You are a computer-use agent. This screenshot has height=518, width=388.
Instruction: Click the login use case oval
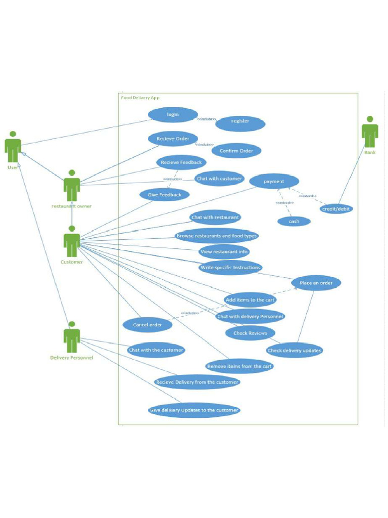coord(173,115)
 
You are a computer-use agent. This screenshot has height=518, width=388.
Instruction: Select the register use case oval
coord(240,121)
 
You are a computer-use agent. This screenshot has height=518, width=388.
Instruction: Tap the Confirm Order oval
coord(236,151)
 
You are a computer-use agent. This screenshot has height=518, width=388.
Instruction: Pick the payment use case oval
coord(274,181)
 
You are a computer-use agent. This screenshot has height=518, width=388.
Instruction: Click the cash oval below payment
coord(294,221)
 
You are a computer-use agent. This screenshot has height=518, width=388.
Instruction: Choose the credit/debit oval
coord(336,208)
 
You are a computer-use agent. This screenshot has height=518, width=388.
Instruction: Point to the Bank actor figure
coord(370,132)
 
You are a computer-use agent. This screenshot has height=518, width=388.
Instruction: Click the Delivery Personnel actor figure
coord(72,337)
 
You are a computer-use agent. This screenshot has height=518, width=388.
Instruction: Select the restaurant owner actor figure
coord(72,186)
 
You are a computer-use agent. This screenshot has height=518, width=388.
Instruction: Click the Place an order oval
coord(316,283)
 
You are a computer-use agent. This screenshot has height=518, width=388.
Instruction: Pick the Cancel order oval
coord(147,325)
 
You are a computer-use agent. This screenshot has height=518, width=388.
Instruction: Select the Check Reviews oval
coord(250,333)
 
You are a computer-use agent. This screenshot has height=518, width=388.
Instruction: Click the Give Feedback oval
coord(165,195)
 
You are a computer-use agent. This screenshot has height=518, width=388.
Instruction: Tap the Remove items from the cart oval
coord(239,366)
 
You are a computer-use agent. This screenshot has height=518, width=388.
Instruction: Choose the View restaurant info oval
coord(224,252)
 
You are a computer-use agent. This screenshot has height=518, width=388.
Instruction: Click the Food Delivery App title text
coord(140,98)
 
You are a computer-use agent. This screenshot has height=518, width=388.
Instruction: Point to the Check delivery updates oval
coord(294,351)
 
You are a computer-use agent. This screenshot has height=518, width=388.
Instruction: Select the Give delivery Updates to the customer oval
coord(194,410)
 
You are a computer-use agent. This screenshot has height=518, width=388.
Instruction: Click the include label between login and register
coord(207,119)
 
